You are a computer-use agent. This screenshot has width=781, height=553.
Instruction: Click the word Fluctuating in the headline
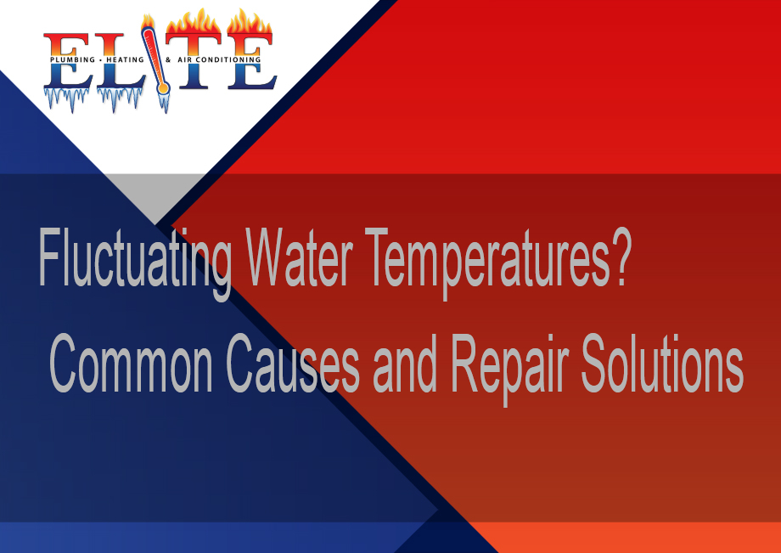(134, 262)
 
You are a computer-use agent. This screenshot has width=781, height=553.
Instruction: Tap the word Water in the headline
(300, 257)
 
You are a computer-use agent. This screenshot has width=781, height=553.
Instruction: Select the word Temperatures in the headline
(487, 262)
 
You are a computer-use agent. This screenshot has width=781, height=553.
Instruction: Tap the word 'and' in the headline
(405, 364)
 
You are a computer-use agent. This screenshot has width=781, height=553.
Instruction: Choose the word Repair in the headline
(509, 369)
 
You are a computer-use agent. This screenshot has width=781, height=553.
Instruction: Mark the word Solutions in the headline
(662, 364)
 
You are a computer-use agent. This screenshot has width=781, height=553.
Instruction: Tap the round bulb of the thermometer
(162, 88)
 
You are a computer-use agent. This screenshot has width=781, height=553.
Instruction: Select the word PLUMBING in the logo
(72, 59)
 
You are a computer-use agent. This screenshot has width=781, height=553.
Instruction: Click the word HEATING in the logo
(125, 59)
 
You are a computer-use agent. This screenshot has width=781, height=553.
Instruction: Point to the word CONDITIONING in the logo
(228, 59)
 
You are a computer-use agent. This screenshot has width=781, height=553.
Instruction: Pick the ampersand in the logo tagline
(168, 59)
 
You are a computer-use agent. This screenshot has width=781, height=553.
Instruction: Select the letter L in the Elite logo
(118, 62)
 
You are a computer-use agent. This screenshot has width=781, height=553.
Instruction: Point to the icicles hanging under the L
(120, 99)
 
